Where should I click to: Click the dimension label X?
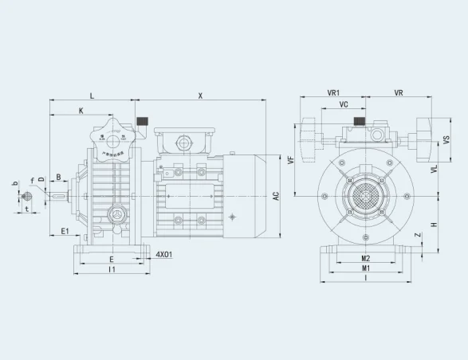200,96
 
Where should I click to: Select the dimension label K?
80,110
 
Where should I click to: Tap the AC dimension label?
275,195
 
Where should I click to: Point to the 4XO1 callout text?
164,255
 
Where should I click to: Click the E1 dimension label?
65,232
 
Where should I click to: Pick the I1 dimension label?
112,270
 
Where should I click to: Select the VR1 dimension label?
334,93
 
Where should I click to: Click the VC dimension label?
343,104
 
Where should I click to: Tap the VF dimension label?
291,159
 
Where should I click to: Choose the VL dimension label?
435,169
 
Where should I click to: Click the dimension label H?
434,225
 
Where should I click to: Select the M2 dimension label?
365,259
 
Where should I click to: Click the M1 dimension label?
365,269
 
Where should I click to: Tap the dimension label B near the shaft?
58,177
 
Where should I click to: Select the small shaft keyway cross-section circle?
27,196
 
